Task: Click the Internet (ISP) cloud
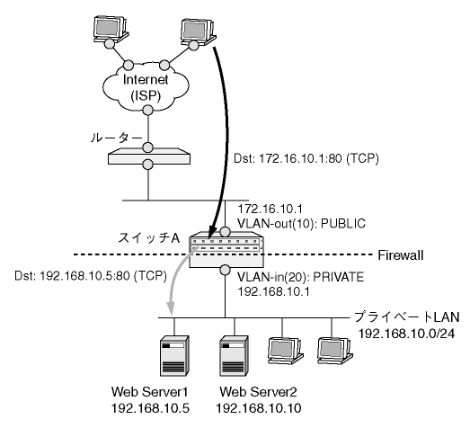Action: pos(146,87)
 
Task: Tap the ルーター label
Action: pos(116,138)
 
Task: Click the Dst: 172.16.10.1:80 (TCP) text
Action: pos(306,158)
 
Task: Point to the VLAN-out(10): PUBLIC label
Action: pos(302,224)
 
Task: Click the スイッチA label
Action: pos(148,238)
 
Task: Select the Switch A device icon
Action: pos(226,250)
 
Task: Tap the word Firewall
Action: pos(401,255)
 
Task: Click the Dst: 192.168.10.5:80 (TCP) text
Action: pos(91,276)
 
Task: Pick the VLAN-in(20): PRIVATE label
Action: pos(301,277)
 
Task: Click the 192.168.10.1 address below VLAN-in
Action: pos(273,291)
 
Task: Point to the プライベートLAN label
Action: pos(407,317)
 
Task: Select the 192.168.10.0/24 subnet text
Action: pos(406,334)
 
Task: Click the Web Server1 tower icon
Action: pos(174,356)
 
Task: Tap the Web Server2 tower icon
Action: pos(234,356)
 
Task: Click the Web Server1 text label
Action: pos(149,392)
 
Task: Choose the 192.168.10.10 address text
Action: pos(259,408)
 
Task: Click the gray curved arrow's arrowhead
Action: pos(171,309)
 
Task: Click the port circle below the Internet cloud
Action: pos(147,110)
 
